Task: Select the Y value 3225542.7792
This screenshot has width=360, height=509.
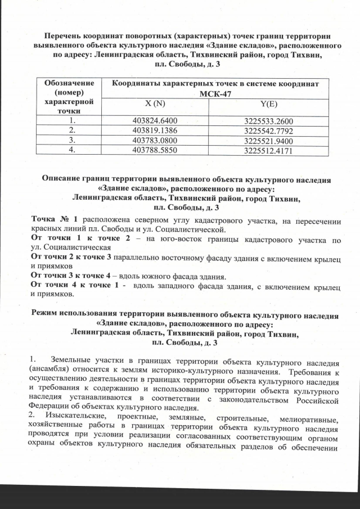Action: (x=269, y=130)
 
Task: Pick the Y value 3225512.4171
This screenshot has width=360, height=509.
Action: (x=269, y=150)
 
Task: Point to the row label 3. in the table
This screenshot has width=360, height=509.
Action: (x=71, y=140)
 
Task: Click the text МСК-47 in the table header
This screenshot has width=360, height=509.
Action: (x=215, y=93)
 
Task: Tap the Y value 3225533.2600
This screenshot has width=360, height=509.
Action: (x=269, y=121)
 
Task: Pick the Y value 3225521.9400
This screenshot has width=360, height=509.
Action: (x=269, y=140)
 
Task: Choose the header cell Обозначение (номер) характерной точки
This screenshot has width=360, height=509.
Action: (x=69, y=96)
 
